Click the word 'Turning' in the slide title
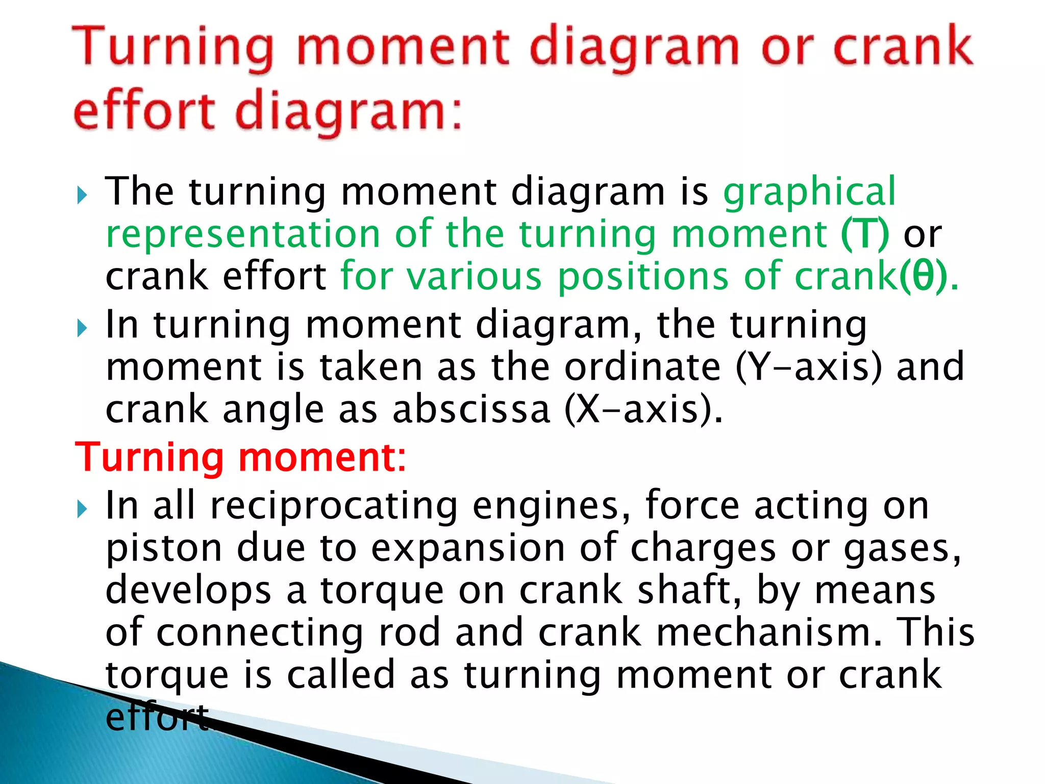pyautogui.click(x=173, y=48)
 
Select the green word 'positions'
pyautogui.click(x=642, y=277)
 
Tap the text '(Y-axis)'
pyautogui.click(x=809, y=367)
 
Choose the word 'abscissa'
pyautogui.click(x=471, y=409)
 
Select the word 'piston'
pyautogui.click(x=164, y=549)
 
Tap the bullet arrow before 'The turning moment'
pyautogui.click(x=82, y=195)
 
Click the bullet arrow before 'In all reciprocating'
pyautogui.click(x=82, y=509)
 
